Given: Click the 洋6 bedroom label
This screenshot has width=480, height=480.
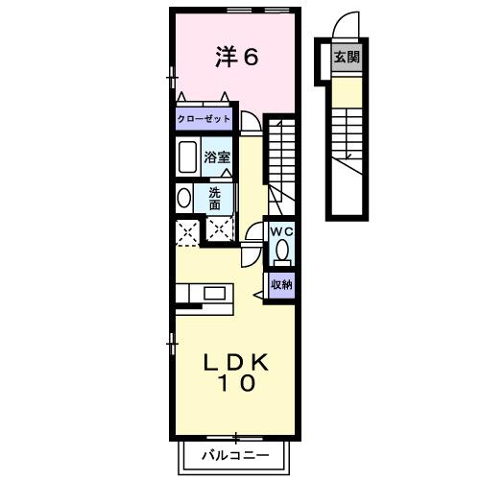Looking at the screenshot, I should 236,58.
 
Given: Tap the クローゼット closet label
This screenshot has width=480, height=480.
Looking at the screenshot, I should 203,119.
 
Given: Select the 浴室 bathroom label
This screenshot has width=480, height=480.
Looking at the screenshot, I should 215,156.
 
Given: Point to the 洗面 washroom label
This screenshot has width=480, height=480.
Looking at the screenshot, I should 215,198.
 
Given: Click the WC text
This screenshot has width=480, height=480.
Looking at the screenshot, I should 280,231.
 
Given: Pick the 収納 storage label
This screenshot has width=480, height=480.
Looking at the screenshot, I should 280,284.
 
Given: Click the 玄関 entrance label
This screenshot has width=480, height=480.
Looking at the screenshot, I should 347,58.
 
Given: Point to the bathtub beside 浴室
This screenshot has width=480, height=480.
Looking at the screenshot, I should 188,156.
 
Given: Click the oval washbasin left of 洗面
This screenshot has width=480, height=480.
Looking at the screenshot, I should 183,198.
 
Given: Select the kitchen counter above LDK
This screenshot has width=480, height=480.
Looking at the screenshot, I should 203,293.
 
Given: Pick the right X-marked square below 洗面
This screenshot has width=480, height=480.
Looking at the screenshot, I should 220,230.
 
